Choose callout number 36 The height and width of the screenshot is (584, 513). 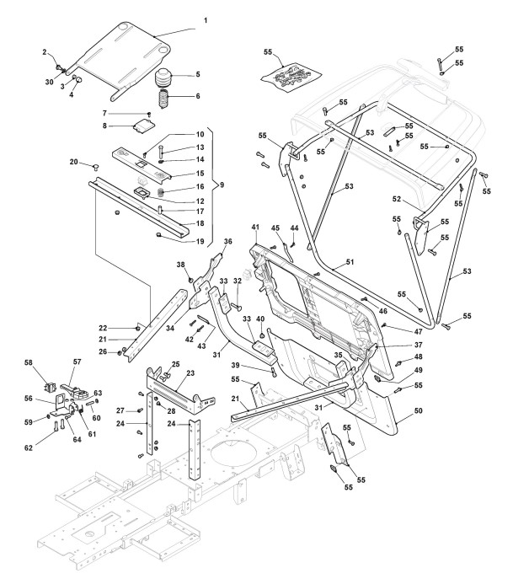(x=227, y=241)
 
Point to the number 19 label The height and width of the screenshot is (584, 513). (x=199, y=242)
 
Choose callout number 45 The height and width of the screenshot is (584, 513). (x=275, y=228)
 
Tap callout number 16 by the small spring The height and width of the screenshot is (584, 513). (x=200, y=187)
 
